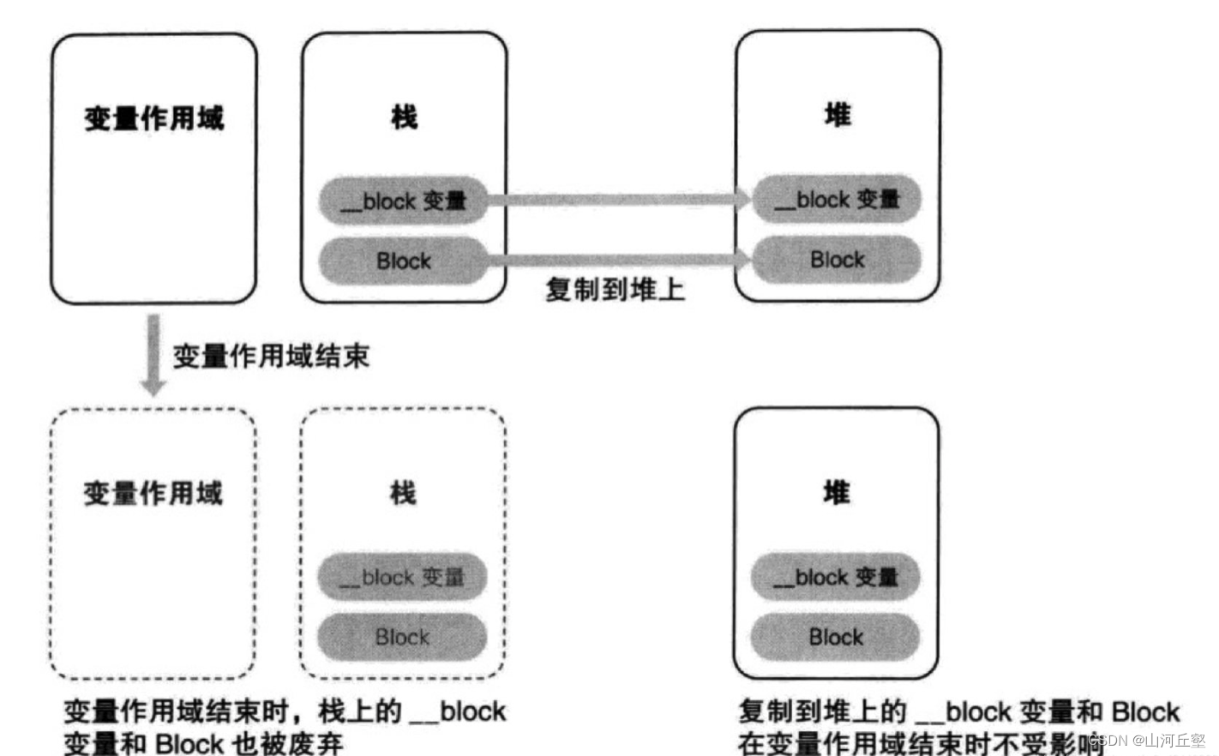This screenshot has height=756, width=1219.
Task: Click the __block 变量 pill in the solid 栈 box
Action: (x=403, y=201)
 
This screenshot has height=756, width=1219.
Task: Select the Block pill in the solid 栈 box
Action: (x=403, y=261)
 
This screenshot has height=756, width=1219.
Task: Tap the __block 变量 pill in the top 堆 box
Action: (x=837, y=199)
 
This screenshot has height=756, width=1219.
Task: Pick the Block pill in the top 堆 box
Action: (x=837, y=259)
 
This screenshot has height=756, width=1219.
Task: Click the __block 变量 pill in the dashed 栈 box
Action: (x=402, y=577)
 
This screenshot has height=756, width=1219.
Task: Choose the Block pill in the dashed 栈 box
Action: (x=402, y=637)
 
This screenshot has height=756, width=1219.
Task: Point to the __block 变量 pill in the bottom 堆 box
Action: (x=836, y=577)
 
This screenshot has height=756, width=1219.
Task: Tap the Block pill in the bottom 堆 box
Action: (x=836, y=637)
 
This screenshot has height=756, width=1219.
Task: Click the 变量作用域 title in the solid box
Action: (x=154, y=117)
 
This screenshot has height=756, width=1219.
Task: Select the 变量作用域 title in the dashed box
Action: (x=153, y=493)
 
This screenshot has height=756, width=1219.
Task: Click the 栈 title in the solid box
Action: (x=404, y=116)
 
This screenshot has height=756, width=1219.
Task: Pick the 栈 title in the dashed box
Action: (x=403, y=493)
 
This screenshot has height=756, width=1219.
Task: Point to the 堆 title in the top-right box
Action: (x=838, y=114)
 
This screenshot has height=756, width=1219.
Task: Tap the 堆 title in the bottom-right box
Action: (x=837, y=492)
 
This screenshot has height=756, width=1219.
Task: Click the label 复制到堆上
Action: (x=615, y=290)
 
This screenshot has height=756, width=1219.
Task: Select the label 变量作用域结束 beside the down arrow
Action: (x=271, y=356)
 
